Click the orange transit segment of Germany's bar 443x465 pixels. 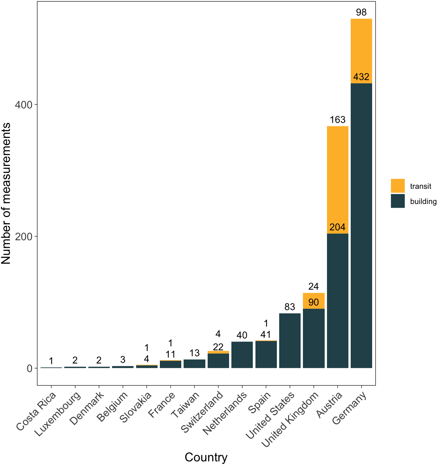tap(361, 51)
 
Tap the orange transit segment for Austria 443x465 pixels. tap(338, 180)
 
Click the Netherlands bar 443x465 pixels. tap(242, 355)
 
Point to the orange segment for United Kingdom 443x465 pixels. tap(314, 301)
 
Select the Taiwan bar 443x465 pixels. tap(194, 363)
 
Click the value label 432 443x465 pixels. tap(361, 77)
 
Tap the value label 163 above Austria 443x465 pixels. tap(338, 120)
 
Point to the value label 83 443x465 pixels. tap(290, 307)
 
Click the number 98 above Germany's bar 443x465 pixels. tap(361, 13)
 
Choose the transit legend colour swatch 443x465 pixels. tap(398, 186)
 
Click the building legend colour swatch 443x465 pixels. tap(398, 201)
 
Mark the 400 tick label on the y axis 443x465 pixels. tap(24, 105)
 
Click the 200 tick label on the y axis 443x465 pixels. tap(24, 237)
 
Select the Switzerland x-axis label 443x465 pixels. tap(202, 412)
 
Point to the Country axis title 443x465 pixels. tap(206, 457)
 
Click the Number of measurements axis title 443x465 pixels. tap(6, 193)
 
